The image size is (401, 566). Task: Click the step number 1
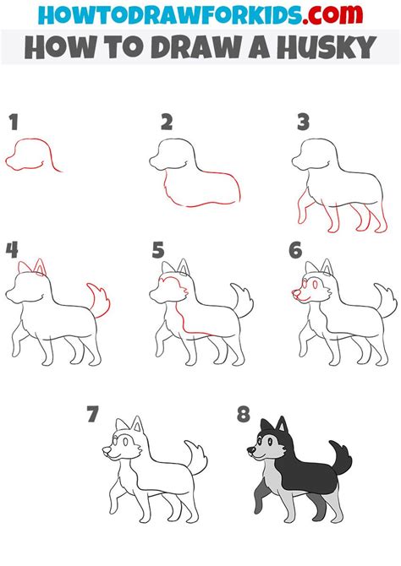[14, 122]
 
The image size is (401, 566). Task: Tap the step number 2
[167, 122]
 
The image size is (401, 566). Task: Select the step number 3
[303, 122]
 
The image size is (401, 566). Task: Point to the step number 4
[11, 249]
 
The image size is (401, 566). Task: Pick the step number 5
[158, 249]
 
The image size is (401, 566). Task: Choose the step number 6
[295, 249]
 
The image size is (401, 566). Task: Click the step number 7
[93, 414]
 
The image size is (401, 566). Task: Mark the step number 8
[244, 414]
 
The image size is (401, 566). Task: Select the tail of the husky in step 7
[195, 461]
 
